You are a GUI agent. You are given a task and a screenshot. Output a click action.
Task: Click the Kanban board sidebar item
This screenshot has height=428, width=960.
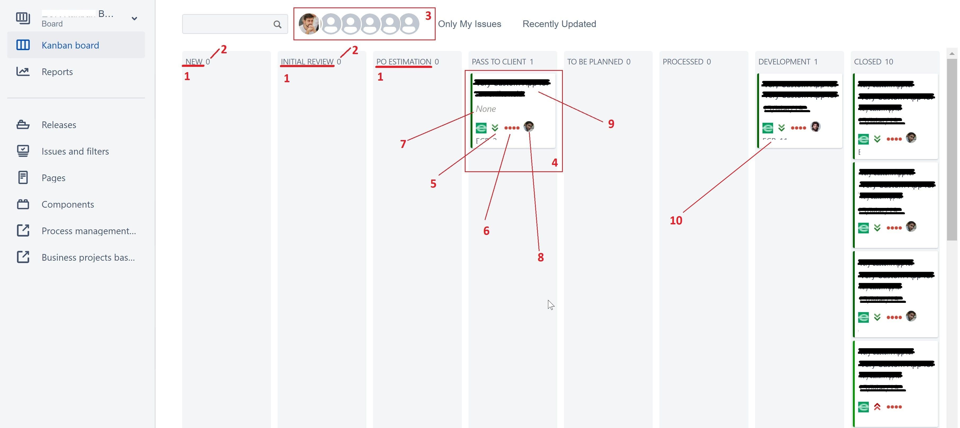(x=70, y=45)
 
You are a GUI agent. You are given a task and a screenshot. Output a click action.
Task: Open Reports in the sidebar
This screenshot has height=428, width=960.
(x=57, y=72)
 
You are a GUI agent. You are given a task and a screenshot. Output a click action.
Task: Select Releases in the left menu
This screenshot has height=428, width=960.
(x=59, y=125)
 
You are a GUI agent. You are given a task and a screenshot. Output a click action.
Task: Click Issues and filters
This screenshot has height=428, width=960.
(x=75, y=151)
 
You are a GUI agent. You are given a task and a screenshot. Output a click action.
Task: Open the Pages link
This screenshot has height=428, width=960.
(x=53, y=178)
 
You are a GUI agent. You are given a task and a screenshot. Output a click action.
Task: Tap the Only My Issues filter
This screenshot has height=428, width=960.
(x=469, y=24)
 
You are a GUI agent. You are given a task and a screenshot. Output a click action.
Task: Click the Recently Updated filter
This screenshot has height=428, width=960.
(x=559, y=24)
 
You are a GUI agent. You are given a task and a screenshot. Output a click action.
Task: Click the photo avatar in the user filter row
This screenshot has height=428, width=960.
(x=309, y=24)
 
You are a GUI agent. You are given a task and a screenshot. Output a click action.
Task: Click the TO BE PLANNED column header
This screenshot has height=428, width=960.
(x=595, y=62)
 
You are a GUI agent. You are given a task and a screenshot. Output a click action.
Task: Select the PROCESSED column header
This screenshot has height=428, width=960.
(x=683, y=62)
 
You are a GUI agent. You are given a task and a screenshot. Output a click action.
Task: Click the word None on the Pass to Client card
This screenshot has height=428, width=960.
(x=486, y=109)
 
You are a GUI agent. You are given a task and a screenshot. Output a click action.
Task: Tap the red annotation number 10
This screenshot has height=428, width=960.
(x=676, y=220)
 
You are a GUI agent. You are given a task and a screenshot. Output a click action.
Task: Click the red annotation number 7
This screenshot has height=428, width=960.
(x=403, y=144)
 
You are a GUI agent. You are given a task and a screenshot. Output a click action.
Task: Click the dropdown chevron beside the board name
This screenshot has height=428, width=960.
(x=134, y=18)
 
